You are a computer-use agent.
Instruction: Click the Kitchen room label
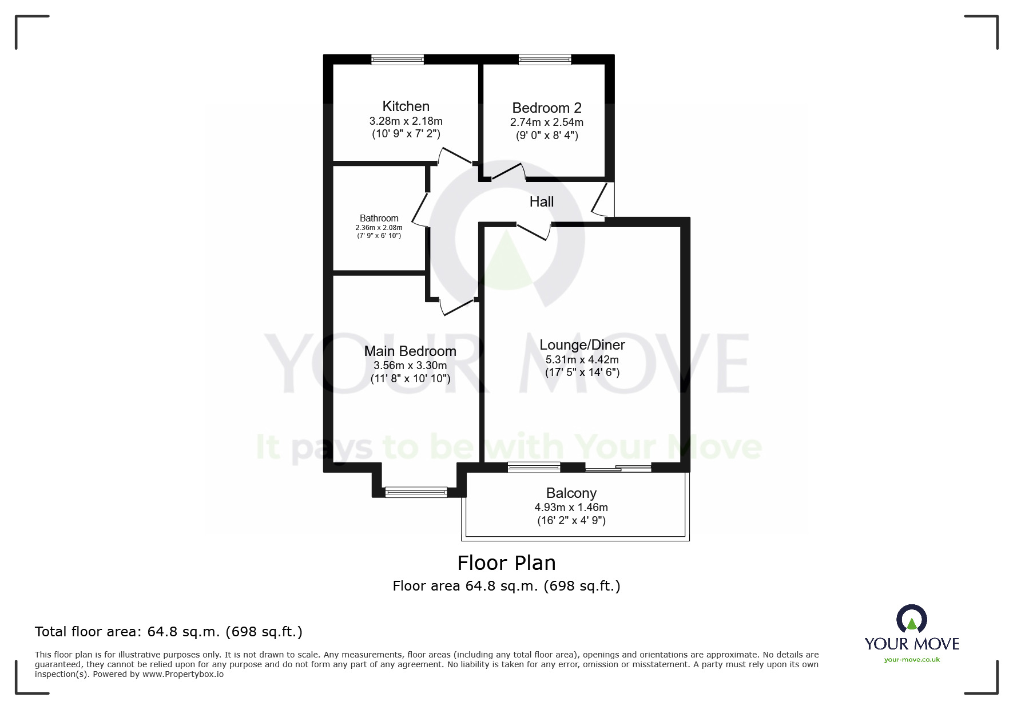click(x=406, y=106)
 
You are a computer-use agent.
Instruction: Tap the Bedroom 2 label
click(x=546, y=108)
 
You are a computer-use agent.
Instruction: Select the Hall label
click(x=541, y=202)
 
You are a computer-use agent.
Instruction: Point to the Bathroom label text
click(x=379, y=219)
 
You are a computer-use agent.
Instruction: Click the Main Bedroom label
click(x=410, y=351)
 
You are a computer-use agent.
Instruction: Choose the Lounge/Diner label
click(x=582, y=345)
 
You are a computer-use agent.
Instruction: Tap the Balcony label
click(x=571, y=493)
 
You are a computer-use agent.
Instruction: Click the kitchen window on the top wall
click(x=398, y=59)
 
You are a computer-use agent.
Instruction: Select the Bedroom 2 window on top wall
click(x=545, y=59)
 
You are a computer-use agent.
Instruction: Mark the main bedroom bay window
click(x=416, y=492)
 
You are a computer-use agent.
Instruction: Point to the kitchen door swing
click(x=455, y=155)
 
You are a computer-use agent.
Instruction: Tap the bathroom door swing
click(x=420, y=209)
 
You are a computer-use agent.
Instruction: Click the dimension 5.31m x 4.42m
click(x=582, y=360)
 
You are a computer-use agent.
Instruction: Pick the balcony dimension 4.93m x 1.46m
click(x=571, y=508)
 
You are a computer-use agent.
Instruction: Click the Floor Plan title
click(x=506, y=563)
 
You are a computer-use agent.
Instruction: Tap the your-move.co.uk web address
click(x=912, y=660)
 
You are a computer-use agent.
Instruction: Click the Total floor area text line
click(x=169, y=632)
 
